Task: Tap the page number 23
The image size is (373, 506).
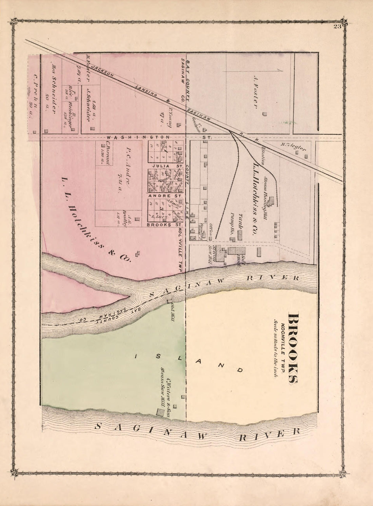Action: point(336,27)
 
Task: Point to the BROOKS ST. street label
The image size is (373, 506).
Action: point(165,225)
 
